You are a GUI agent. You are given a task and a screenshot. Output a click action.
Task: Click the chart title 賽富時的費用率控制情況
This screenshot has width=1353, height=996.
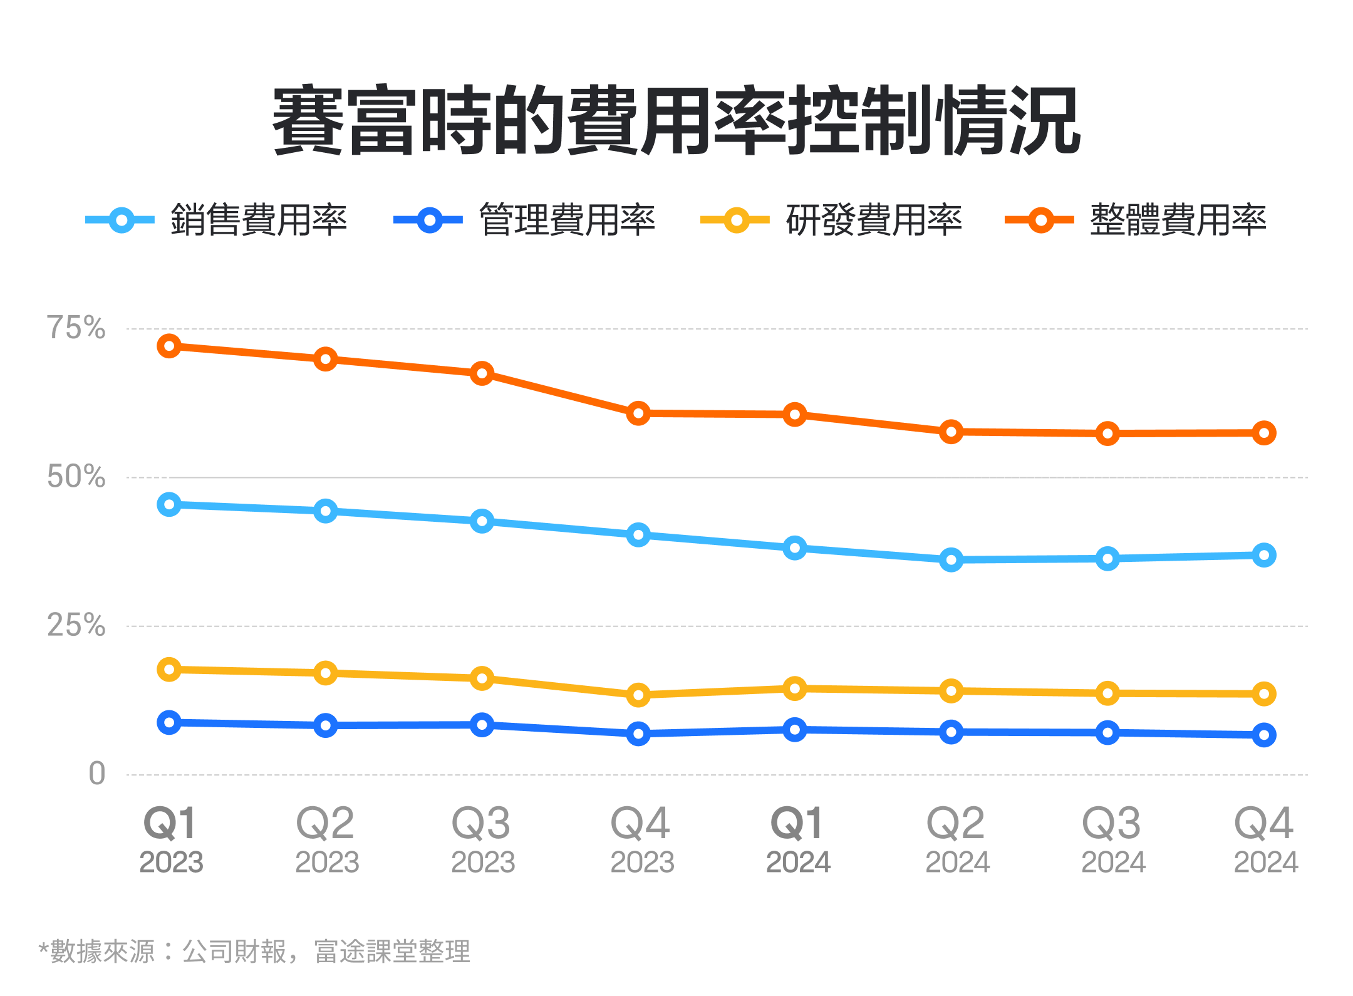point(676,120)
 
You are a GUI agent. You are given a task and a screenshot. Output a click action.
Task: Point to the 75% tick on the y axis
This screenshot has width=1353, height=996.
point(76,328)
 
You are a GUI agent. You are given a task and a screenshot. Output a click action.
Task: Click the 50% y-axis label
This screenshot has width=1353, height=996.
point(76,477)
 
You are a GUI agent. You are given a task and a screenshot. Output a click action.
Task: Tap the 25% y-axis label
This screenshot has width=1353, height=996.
point(76,625)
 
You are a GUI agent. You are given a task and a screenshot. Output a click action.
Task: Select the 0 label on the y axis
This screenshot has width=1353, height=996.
point(96,774)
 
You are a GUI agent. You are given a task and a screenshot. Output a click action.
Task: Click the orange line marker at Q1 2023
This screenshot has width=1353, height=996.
point(169,346)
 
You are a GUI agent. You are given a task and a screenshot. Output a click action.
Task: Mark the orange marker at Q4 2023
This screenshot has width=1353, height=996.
point(638,413)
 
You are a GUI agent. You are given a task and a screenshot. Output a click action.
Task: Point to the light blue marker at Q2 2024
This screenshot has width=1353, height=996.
point(951,559)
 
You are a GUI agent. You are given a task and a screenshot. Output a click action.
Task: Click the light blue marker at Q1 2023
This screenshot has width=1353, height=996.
point(169,504)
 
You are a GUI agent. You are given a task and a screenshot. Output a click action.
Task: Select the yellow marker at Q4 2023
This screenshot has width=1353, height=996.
point(638,695)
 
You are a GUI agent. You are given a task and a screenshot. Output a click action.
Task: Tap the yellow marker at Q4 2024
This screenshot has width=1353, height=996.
point(1263,694)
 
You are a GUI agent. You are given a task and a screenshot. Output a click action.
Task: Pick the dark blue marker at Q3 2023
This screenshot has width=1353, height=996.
point(482,725)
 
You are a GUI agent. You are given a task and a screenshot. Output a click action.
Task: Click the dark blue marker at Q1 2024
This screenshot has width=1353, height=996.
point(794,730)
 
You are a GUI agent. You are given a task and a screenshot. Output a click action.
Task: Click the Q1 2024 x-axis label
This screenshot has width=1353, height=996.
point(797,839)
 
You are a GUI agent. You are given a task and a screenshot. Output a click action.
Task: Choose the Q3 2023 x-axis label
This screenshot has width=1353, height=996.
point(482,839)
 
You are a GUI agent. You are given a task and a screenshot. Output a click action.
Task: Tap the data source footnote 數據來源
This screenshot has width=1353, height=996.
point(254,952)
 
